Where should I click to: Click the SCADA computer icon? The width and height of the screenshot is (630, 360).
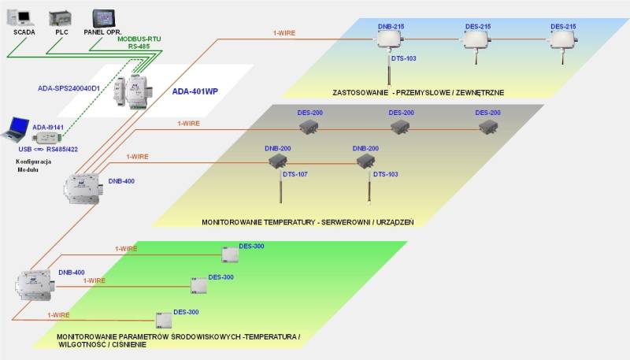point(21,17)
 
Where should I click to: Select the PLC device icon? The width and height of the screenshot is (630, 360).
point(60,17)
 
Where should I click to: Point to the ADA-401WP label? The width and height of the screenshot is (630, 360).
point(195,91)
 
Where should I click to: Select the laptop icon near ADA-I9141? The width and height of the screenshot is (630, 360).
point(17,128)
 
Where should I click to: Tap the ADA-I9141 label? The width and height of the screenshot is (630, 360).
point(46,126)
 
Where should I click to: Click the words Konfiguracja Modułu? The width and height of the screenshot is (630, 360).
point(33,165)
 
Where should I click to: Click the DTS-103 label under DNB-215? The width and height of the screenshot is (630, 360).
point(404,58)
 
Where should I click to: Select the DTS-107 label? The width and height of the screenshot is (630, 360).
point(295,174)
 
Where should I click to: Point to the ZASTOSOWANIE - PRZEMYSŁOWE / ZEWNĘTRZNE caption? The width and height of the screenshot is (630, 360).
point(418,93)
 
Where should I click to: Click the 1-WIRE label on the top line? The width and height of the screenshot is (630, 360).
point(285,32)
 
